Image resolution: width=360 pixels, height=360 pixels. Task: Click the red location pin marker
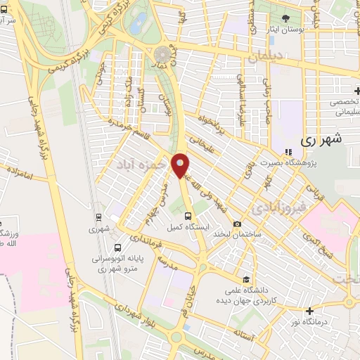pyautogui.click(x=181, y=165)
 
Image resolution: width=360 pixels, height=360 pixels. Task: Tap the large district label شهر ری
pyautogui.click(x=324, y=140)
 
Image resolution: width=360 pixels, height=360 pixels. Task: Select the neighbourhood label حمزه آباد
pyautogui.click(x=142, y=163)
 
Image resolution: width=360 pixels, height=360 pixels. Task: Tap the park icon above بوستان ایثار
pyautogui.click(x=285, y=18)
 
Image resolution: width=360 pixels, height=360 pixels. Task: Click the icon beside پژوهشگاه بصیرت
pyautogui.click(x=288, y=151)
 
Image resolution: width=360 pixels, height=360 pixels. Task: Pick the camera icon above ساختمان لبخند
pyautogui.click(x=237, y=224)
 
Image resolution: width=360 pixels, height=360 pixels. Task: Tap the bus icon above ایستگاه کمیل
pyautogui.click(x=187, y=216)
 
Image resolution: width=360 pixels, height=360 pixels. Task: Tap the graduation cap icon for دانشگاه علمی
pyautogui.click(x=245, y=279)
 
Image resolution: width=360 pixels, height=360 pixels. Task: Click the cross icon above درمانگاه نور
pyautogui.click(x=309, y=310)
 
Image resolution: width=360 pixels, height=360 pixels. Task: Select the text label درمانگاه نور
pyautogui.click(x=310, y=322)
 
